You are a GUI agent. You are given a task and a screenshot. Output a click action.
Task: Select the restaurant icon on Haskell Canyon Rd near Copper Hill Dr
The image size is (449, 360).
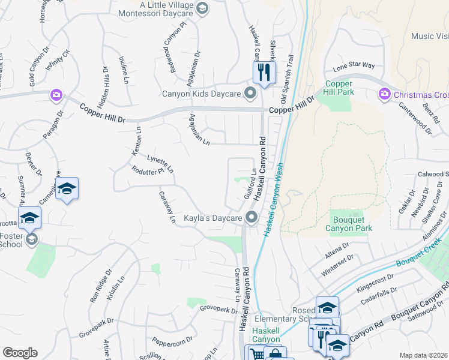pyautogui.click(x=264, y=73)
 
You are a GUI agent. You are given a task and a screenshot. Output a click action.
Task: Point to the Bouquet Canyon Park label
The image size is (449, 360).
pyautogui.click(x=349, y=224)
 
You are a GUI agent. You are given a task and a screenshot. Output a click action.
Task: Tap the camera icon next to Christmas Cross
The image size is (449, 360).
pyautogui.click(x=384, y=94)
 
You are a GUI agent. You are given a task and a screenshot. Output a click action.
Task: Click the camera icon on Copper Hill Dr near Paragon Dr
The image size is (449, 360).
pyautogui.click(x=56, y=95)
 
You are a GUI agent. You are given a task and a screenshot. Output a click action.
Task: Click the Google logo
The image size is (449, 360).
pyautogui.click(x=20, y=353)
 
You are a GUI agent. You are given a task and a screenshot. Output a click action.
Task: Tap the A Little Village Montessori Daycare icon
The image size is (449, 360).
pyautogui.click(x=202, y=8)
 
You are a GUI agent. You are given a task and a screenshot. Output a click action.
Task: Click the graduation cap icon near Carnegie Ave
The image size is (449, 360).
pyautogui.click(x=67, y=190)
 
